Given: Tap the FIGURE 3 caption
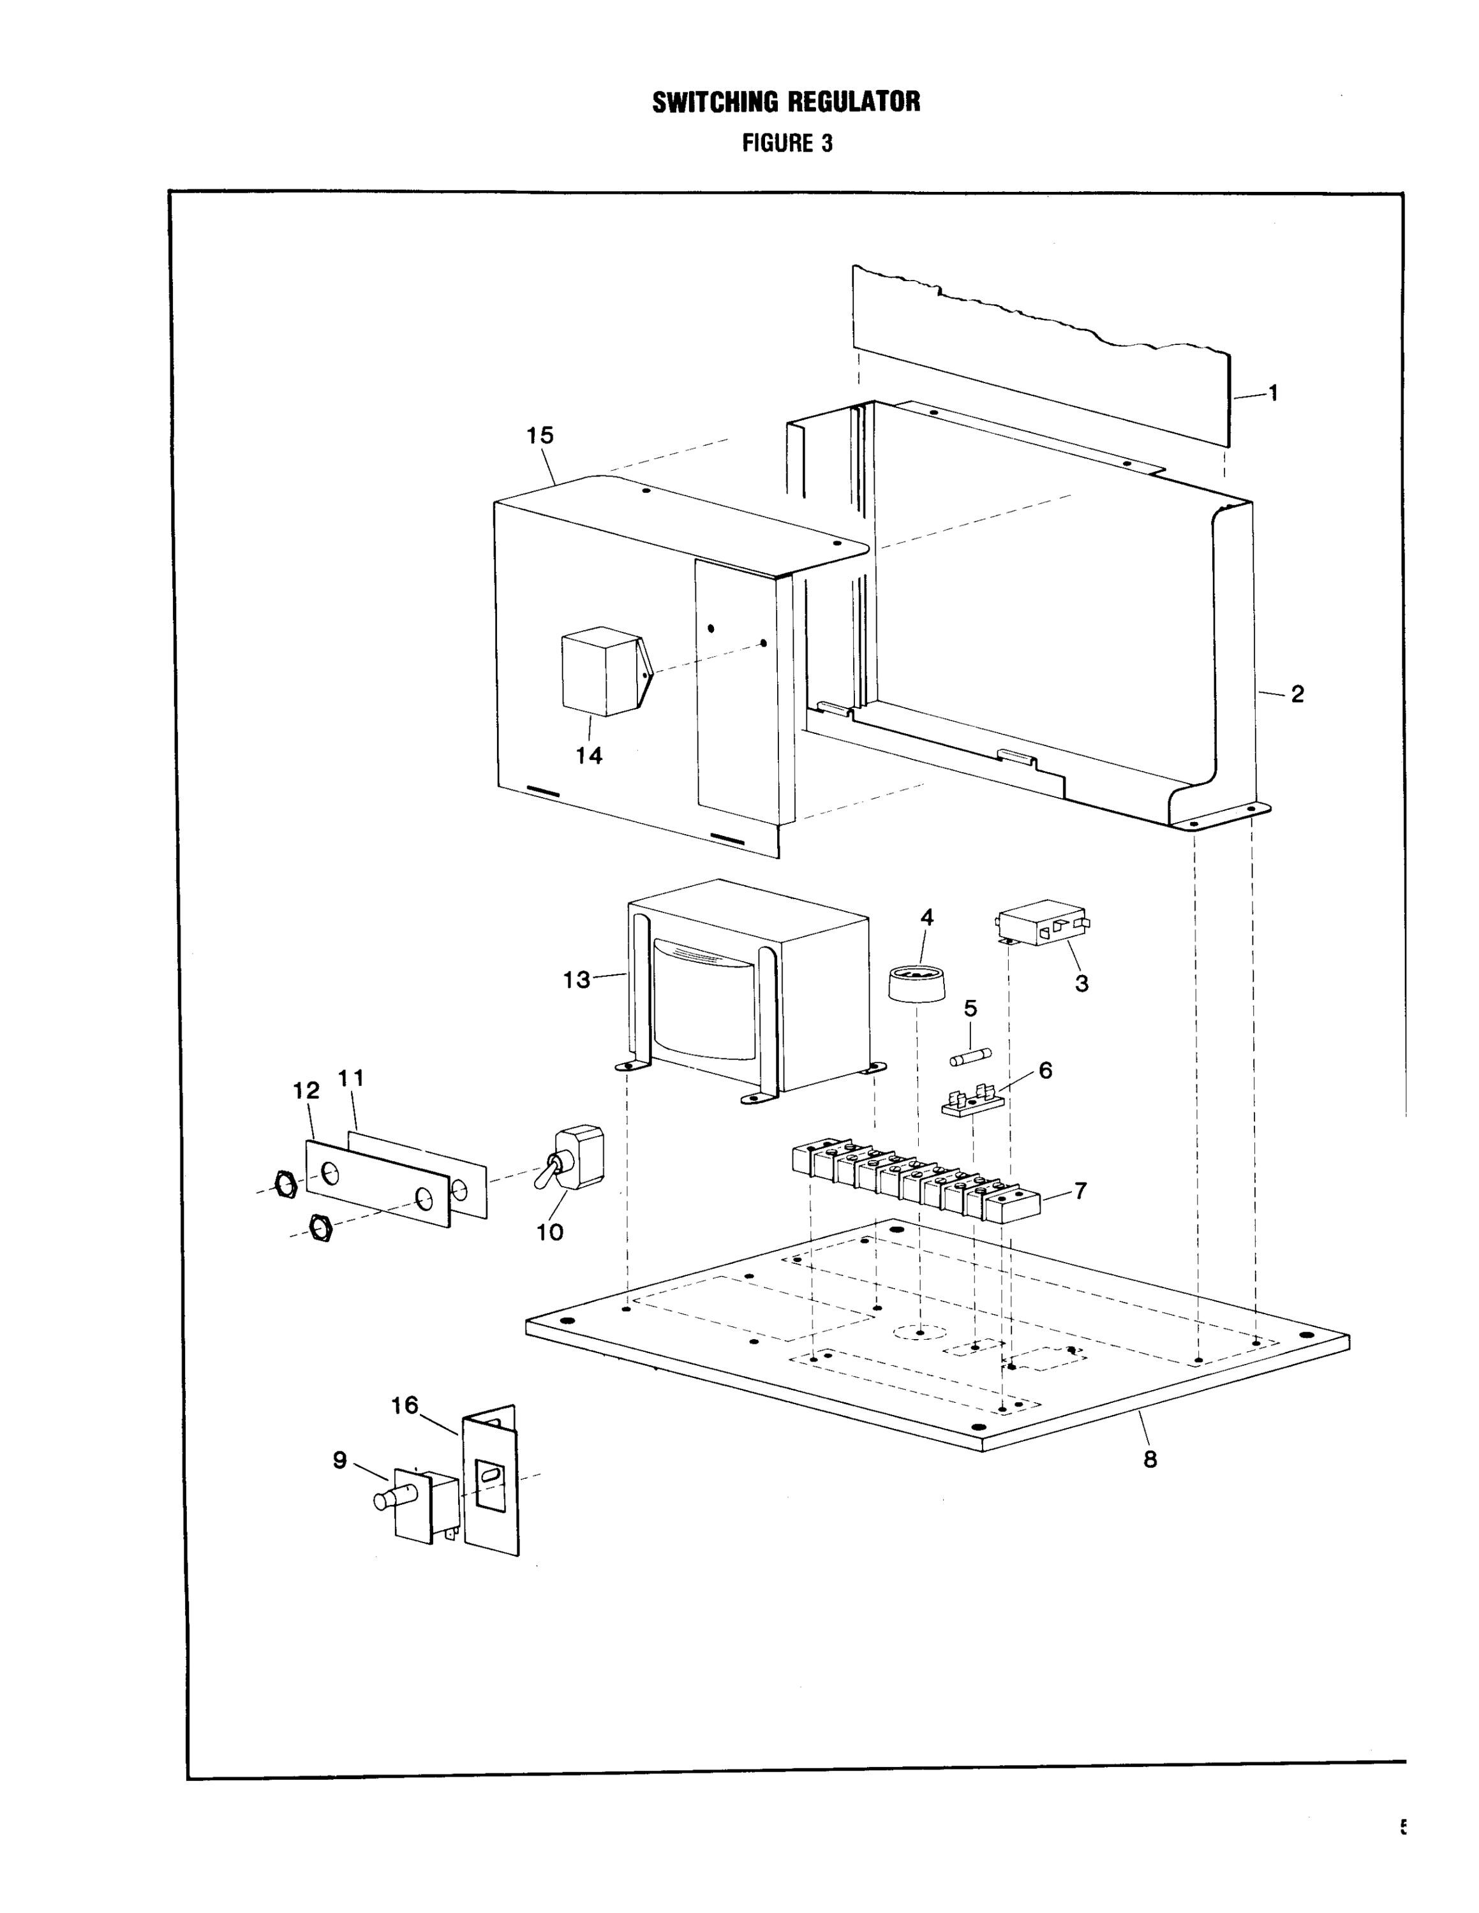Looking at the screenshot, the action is tap(787, 143).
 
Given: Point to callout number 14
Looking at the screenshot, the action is tap(589, 755).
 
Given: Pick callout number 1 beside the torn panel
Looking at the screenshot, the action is tap(1273, 393).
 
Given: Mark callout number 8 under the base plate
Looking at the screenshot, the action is tap(1150, 1458).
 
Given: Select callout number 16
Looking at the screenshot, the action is tap(405, 1405).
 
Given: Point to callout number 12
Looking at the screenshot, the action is tap(307, 1090).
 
